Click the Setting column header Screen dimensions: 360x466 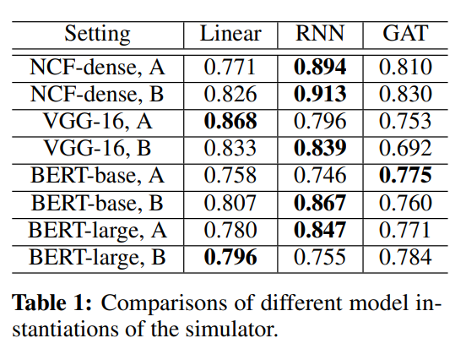point(98,34)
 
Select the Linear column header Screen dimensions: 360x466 point(230,34)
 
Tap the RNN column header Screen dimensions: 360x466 point(320,34)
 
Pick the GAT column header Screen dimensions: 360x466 point(404,34)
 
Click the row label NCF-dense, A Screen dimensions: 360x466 point(98,67)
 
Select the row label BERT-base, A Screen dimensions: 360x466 point(98,176)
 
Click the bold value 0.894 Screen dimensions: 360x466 point(320,67)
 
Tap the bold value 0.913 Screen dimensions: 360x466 point(320,94)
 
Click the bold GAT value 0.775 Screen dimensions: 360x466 point(404,176)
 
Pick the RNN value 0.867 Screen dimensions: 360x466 point(320,203)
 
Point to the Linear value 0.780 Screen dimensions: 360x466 point(230,230)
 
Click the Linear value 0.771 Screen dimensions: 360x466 point(230,67)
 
